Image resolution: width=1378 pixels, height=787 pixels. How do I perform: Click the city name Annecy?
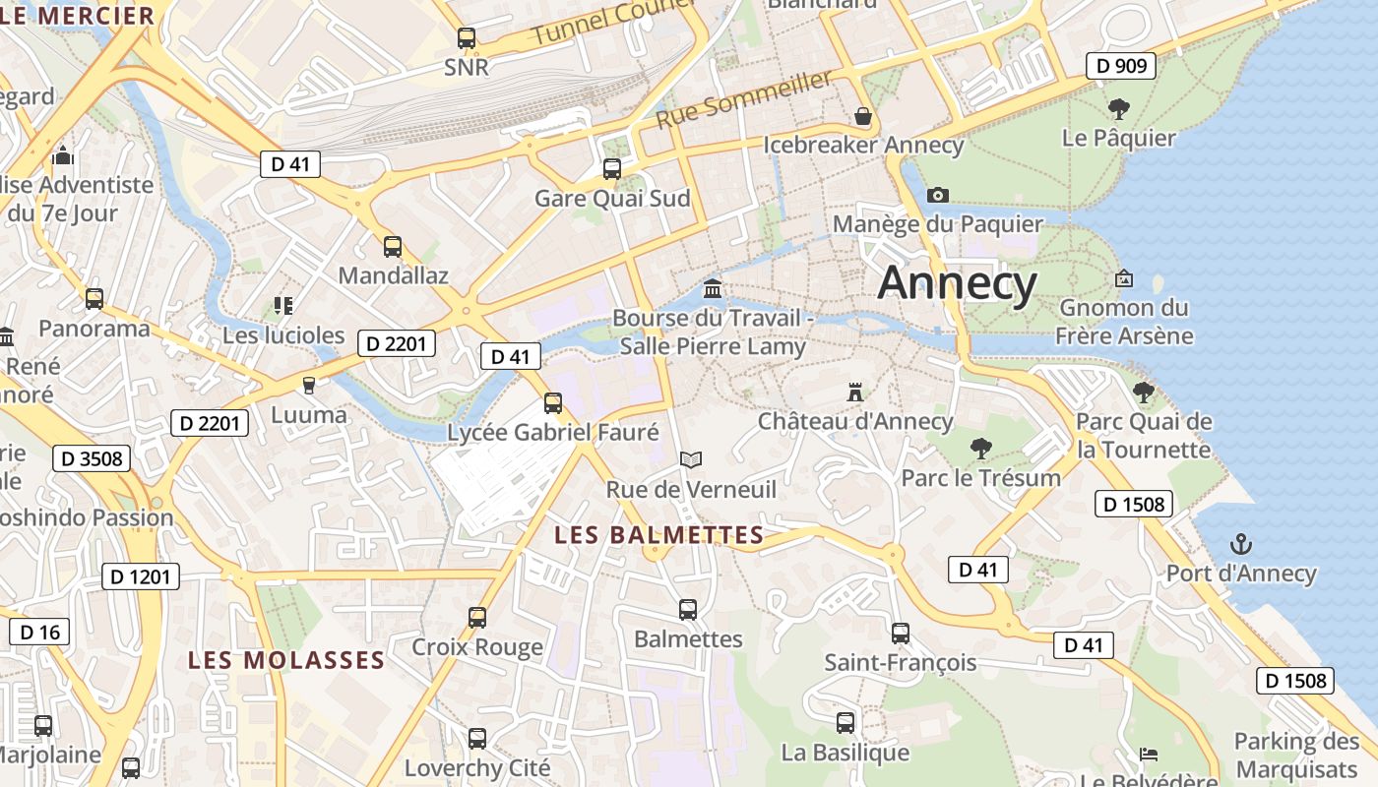pos(957,283)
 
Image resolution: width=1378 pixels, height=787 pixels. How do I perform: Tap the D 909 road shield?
pos(1120,66)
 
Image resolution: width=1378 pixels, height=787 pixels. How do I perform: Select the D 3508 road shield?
pos(92,458)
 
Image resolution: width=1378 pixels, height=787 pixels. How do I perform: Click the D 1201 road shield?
pos(141,576)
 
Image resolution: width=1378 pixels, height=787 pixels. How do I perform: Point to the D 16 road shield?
pos(39,632)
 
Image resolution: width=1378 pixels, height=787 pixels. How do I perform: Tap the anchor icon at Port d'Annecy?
pos(1241,544)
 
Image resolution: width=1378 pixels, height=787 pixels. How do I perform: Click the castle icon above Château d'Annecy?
pos(854,393)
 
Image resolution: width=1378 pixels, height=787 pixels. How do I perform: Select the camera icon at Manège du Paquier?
pos(938,195)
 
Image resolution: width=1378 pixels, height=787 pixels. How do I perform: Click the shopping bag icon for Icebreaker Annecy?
pos(863,116)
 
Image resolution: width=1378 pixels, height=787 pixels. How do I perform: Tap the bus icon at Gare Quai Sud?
pos(611,168)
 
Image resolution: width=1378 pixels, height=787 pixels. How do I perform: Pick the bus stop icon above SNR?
pos(467,38)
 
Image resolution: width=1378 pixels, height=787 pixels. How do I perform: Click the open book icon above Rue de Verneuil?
pos(691,459)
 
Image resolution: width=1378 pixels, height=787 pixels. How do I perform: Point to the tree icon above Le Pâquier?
pos(1118,108)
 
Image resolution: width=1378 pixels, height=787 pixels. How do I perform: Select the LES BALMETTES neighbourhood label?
pos(658,535)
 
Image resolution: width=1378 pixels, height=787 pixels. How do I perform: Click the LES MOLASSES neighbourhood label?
pos(285,660)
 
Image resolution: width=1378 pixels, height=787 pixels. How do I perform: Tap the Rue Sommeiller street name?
pos(744,99)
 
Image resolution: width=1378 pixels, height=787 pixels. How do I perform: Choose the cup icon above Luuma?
pos(309,385)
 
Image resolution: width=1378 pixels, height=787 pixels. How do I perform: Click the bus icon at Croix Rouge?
pos(477,617)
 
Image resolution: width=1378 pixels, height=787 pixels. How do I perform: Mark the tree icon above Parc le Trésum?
pos(980,449)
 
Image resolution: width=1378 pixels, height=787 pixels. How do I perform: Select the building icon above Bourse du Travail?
pos(713,289)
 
